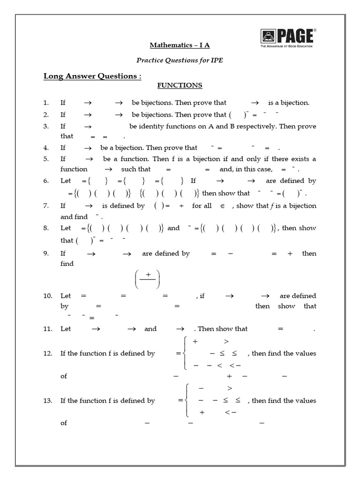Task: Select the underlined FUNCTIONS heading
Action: click(180, 85)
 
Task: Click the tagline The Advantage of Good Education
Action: click(286, 46)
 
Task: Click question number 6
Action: click(46, 181)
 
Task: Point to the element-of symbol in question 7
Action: click(223, 206)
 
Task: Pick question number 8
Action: click(46, 228)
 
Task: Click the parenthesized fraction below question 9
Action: click(148, 280)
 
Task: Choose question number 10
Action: click(47, 296)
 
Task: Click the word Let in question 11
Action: click(66, 329)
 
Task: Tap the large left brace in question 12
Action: click(187, 353)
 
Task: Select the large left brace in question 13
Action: click(187, 400)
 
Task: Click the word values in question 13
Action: click(305, 400)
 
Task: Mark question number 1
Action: click(46, 103)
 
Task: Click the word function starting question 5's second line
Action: click(74, 169)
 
